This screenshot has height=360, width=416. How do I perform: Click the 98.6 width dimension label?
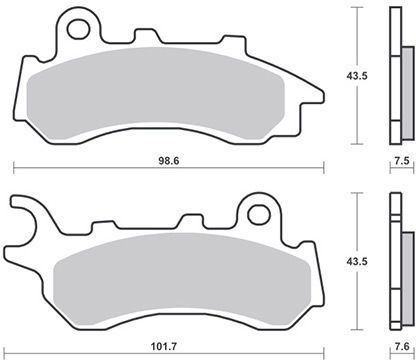pyautogui.click(x=169, y=161)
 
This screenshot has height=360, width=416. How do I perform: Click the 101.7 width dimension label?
pyautogui.click(x=164, y=347)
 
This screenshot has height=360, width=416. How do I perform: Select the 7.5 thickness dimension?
pyautogui.click(x=402, y=161)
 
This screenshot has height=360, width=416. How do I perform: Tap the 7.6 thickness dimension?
pyautogui.click(x=402, y=347)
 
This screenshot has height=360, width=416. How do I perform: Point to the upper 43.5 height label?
pyautogui.click(x=357, y=76)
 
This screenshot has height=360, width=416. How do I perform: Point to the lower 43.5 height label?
pyautogui.click(x=357, y=261)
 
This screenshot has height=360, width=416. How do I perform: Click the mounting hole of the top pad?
pyautogui.click(x=78, y=29)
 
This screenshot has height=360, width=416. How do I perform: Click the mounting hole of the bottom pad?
pyautogui.click(x=259, y=215)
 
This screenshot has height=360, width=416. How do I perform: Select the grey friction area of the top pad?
pyautogui.click(x=155, y=93)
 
